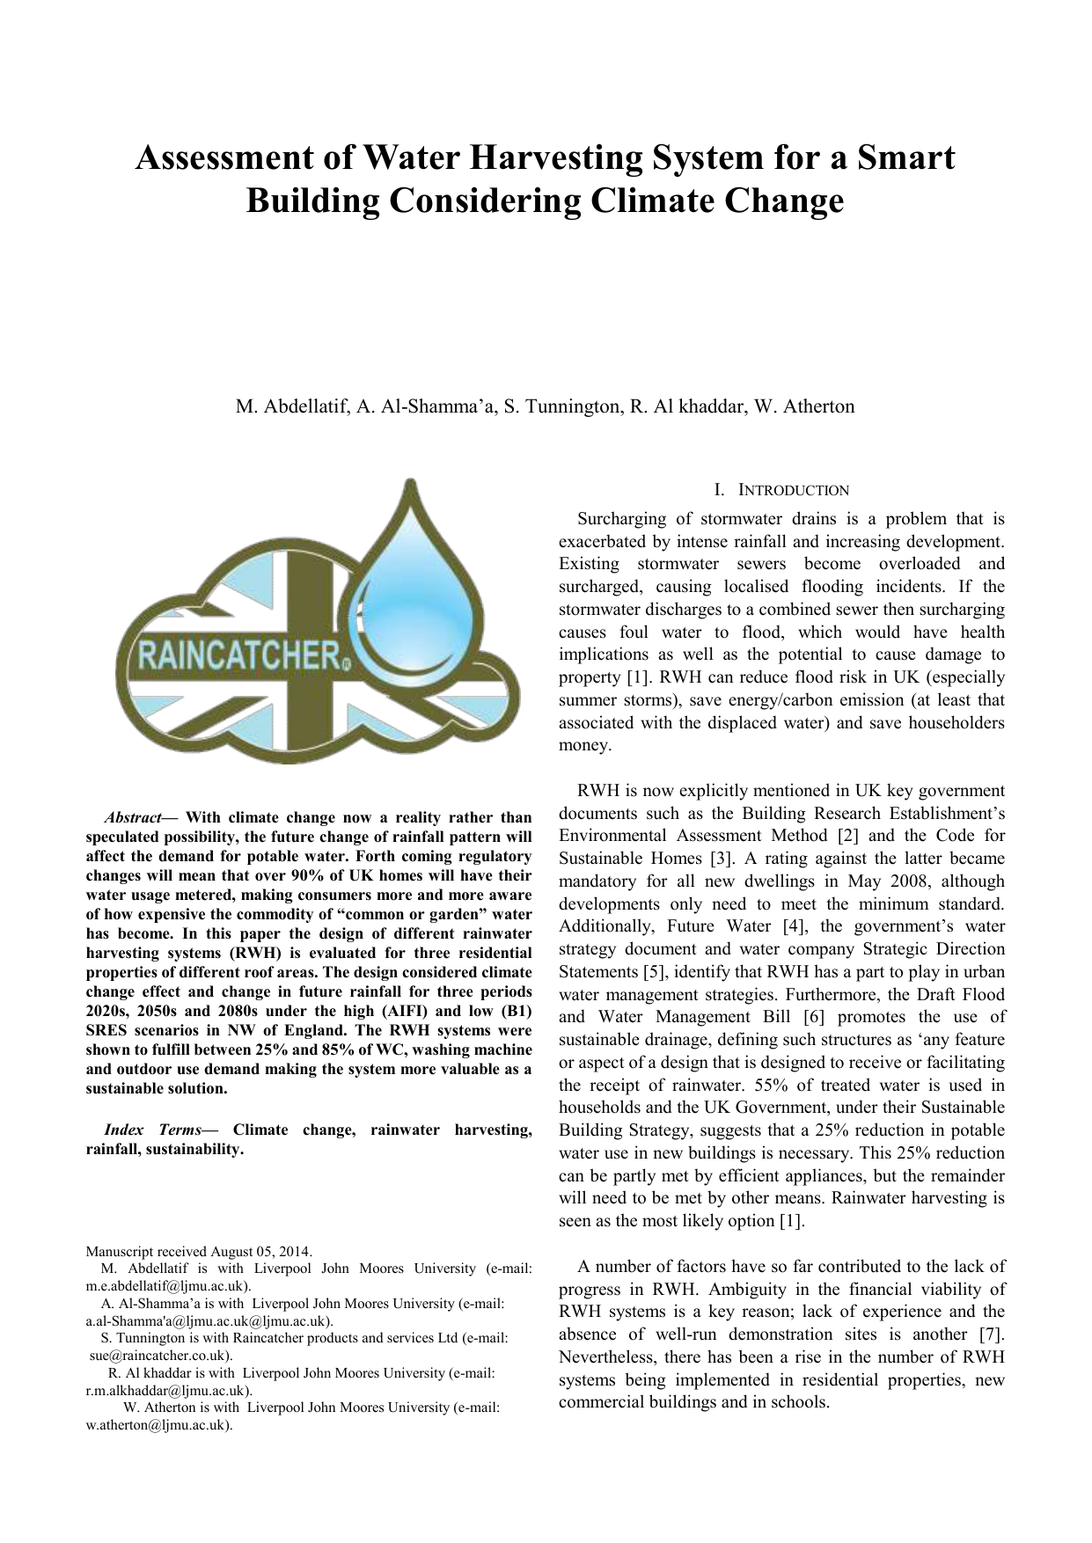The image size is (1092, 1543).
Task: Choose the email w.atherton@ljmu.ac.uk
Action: pyautogui.click(x=158, y=1425)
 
